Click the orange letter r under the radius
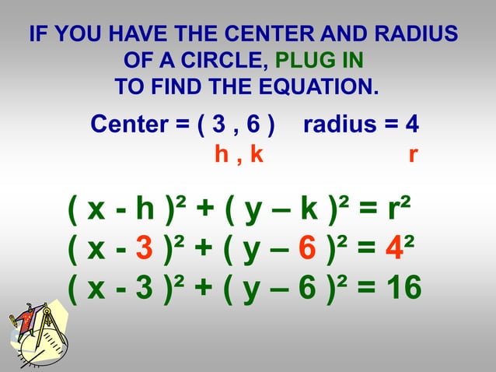click(412, 155)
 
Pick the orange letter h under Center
click(222, 155)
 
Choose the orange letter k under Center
click(257, 155)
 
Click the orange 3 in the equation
click(144, 250)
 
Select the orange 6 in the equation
click(307, 250)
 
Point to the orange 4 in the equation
click(395, 250)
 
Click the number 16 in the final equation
click(403, 289)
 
